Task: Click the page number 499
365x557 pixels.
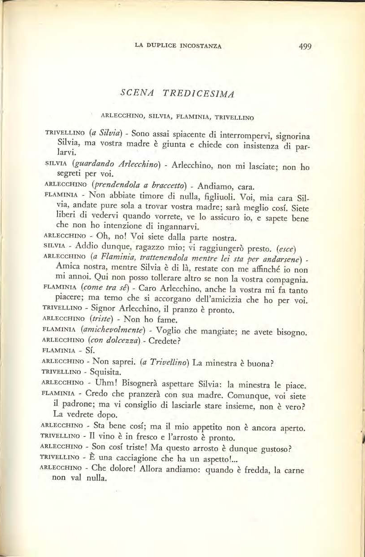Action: pos(304,46)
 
